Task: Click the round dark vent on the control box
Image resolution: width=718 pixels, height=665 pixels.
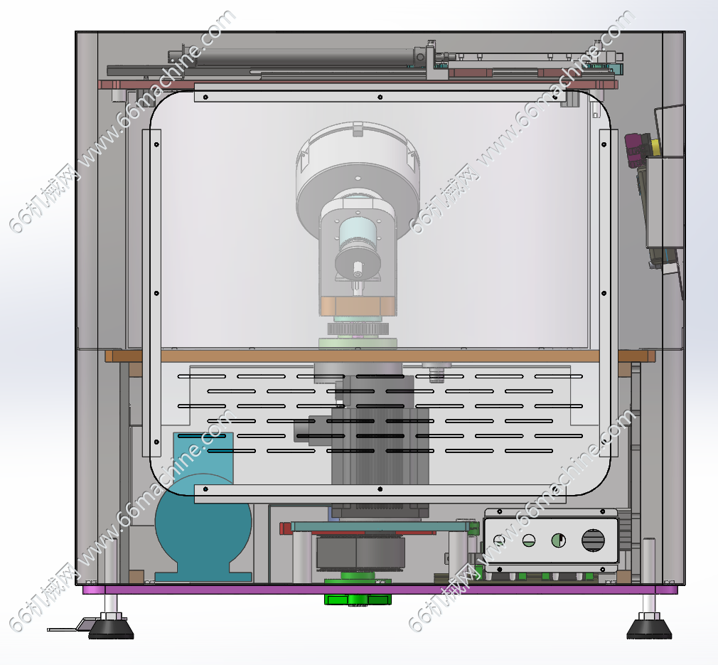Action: (x=593, y=541)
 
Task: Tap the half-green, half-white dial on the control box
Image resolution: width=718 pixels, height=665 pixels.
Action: (x=559, y=541)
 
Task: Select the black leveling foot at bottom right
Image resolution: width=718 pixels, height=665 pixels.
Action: (x=649, y=628)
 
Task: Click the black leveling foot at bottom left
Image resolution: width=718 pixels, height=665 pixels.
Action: (x=112, y=628)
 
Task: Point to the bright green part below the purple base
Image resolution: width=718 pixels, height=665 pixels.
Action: (x=358, y=600)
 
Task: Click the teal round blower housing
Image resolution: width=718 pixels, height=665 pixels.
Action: (x=203, y=523)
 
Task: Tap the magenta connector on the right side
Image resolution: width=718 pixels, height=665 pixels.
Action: (x=635, y=150)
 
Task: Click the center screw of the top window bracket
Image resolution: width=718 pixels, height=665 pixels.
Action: (x=380, y=97)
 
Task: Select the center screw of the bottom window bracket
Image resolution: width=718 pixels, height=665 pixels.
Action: (x=380, y=489)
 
